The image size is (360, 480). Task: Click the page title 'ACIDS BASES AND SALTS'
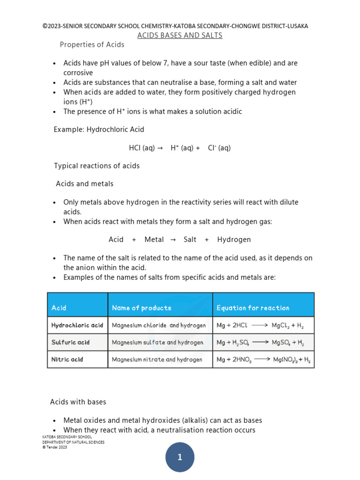click(180, 36)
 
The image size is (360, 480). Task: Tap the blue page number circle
click(180, 457)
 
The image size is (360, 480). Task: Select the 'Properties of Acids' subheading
click(92, 45)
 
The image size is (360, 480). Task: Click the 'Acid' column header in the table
click(59, 308)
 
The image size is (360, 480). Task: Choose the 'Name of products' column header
click(142, 308)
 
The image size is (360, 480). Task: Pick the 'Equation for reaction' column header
click(253, 308)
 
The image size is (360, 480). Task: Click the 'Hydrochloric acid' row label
click(77, 325)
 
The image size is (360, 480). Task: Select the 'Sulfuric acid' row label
click(70, 342)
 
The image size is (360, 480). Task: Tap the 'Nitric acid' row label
click(67, 360)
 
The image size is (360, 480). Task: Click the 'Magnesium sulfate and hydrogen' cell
click(157, 342)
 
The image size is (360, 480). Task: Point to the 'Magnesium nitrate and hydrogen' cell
click(157, 360)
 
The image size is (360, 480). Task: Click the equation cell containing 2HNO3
click(263, 360)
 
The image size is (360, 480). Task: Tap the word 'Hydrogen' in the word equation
click(234, 240)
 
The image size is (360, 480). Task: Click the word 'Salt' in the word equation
click(190, 240)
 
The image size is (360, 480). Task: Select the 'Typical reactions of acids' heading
click(97, 166)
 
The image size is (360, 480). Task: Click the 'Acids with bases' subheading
click(78, 402)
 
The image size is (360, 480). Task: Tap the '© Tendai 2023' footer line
click(55, 447)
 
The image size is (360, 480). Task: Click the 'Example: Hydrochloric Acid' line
click(99, 129)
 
